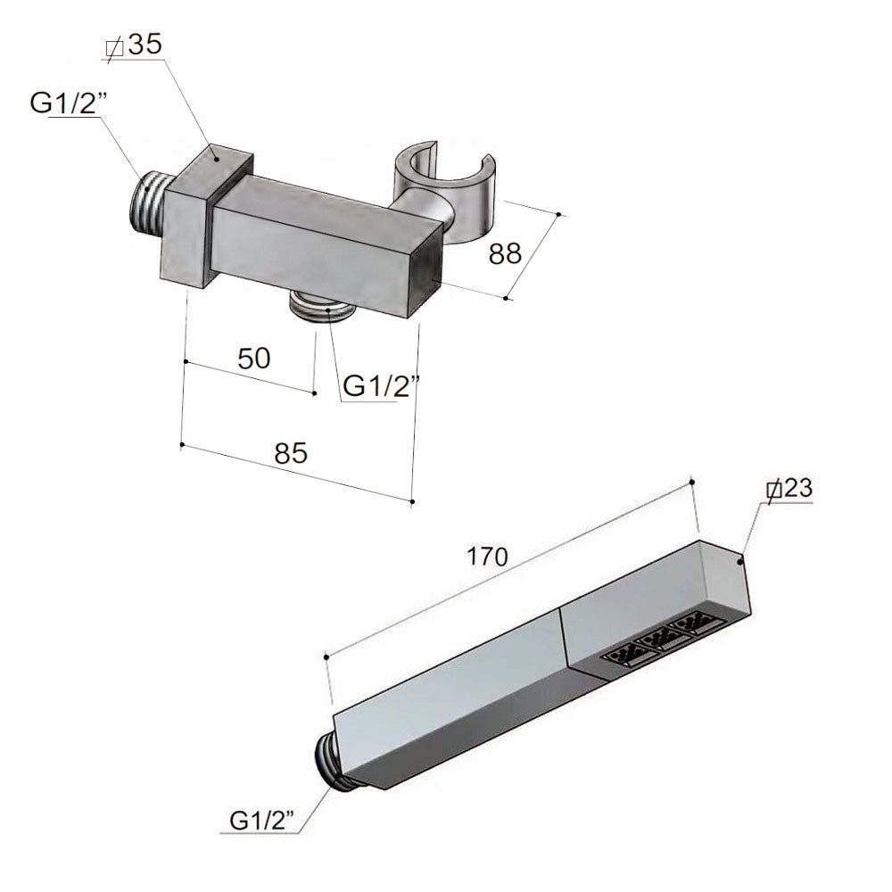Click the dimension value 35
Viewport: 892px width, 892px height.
click(x=145, y=46)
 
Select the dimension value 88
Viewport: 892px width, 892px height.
click(x=505, y=254)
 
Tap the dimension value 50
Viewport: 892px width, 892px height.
click(x=254, y=358)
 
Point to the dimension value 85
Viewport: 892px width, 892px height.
click(x=290, y=453)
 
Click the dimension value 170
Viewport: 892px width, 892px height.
click(x=487, y=557)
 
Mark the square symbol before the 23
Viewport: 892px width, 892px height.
click(x=773, y=490)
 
